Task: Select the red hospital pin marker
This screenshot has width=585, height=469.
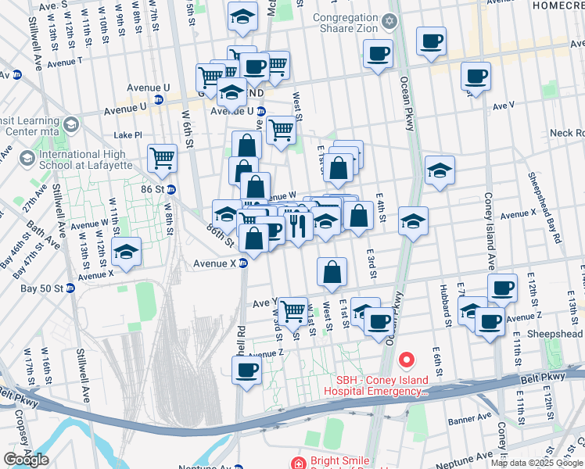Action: [x=406, y=360]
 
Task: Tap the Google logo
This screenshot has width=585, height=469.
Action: [x=27, y=460]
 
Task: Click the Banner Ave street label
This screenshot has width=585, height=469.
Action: [x=469, y=420]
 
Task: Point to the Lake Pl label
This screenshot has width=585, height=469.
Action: [x=127, y=134]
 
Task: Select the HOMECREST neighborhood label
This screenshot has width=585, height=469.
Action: [x=558, y=5]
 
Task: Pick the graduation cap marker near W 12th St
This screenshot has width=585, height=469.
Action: [x=125, y=252]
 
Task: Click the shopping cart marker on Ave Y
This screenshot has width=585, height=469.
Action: [x=293, y=310]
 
